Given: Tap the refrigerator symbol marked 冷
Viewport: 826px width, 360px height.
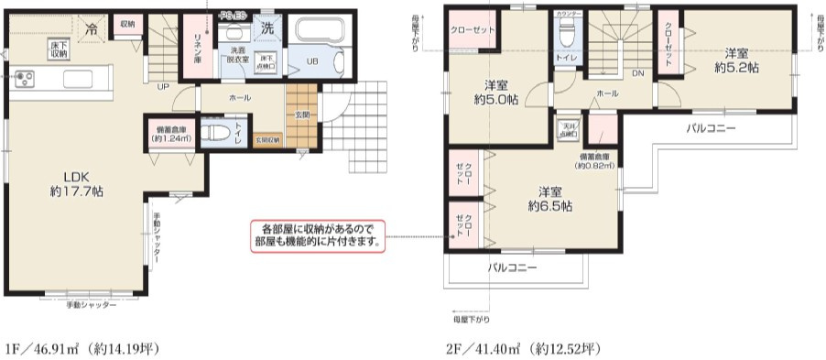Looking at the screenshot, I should [x=91, y=29].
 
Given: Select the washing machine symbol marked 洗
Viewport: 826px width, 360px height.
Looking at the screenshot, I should [x=267, y=28].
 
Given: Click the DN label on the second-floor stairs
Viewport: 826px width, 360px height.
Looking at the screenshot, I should [x=637, y=73].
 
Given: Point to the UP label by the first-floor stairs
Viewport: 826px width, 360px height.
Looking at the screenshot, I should [x=162, y=88].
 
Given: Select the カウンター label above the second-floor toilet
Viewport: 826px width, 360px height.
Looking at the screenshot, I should [x=567, y=15].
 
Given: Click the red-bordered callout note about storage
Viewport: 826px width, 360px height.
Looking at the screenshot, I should [x=317, y=235].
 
